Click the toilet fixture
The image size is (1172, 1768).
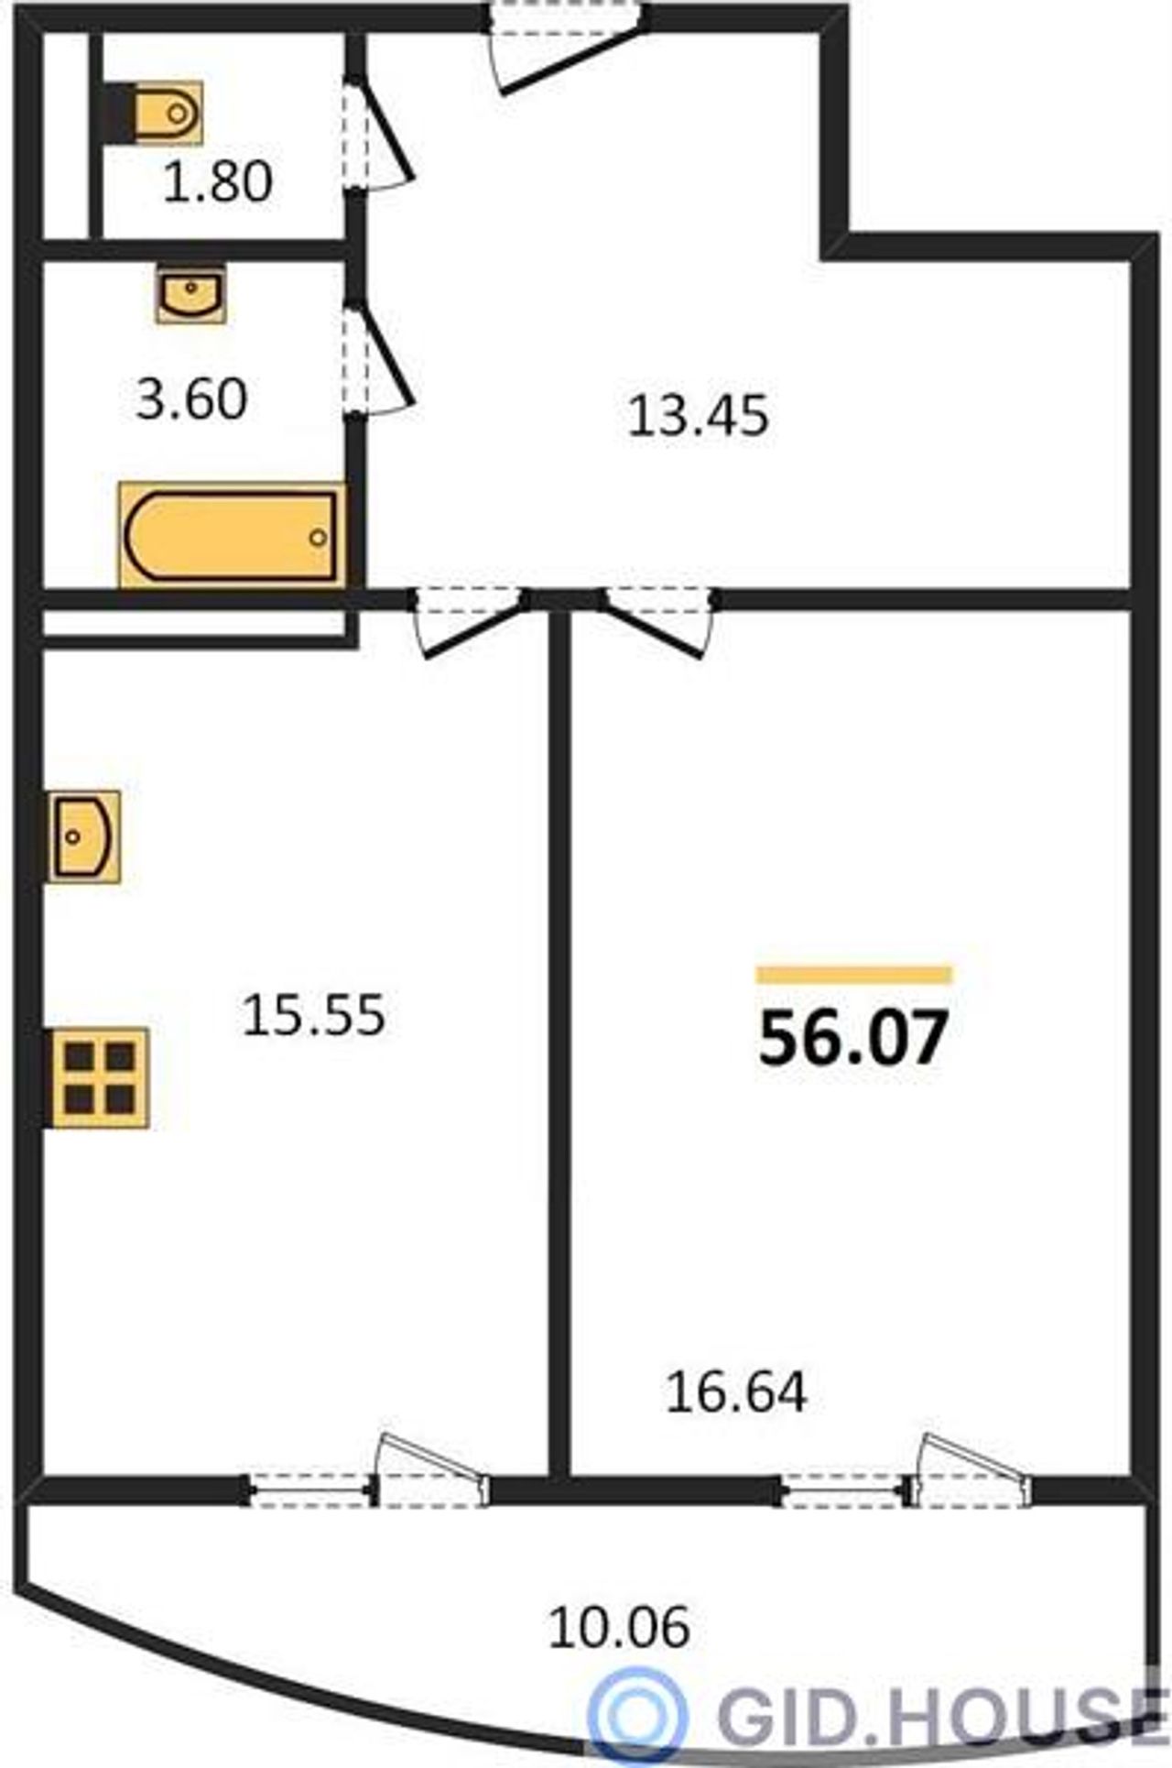point(156,113)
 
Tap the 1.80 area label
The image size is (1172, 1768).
point(218,180)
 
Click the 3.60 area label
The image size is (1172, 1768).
point(191,400)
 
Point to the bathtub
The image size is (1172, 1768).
point(232,535)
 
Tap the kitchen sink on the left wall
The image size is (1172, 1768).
point(84,836)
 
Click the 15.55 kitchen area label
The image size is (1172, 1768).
point(313,1016)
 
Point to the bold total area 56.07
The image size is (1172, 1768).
point(852,1039)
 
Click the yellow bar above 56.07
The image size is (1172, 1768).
point(853,975)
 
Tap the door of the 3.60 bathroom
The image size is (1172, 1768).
point(380,357)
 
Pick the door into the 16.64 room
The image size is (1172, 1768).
point(658,623)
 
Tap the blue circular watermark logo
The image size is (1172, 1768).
point(637,1709)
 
